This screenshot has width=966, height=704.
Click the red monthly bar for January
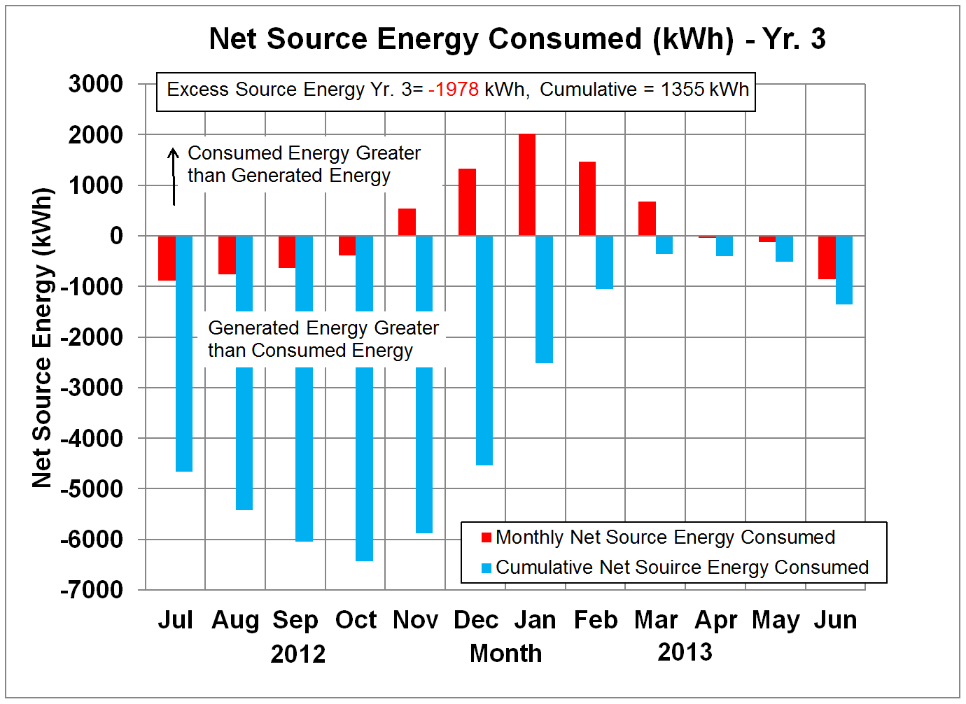pos(526,185)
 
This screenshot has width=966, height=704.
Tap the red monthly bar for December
pos(467,202)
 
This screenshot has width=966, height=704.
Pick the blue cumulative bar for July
pos(184,392)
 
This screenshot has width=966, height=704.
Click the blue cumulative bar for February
pos(604,262)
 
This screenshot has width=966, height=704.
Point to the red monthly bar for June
pos(827,258)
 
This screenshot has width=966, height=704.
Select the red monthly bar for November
pos(407,222)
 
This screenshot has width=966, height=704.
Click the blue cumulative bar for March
pos(664,245)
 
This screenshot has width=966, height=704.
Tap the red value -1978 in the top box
pos(454,90)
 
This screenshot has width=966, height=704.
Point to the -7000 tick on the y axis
pos(92,590)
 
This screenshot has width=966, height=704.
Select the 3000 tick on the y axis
pos(96,84)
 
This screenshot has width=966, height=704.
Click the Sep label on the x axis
pos(295,620)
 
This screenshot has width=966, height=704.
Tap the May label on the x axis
pos(776,620)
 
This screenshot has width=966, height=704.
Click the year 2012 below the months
pos(298,654)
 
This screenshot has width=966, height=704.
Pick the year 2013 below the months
pos(685,652)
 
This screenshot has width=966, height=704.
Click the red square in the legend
pos(486,537)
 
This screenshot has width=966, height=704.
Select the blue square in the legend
pos(486,568)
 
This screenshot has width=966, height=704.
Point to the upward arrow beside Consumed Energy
pos(174,175)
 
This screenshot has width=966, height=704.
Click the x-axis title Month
pos(505,654)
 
